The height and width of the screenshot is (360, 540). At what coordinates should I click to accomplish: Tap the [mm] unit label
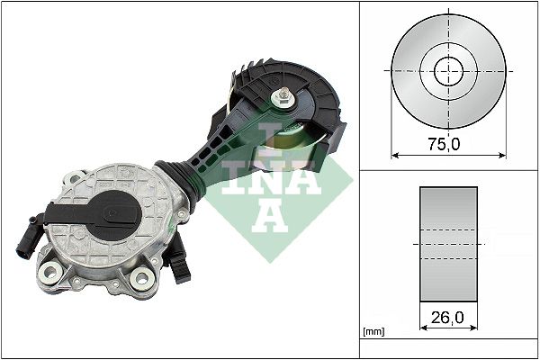click(x=373, y=333)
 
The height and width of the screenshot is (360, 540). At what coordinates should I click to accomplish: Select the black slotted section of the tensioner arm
click(x=212, y=148)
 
